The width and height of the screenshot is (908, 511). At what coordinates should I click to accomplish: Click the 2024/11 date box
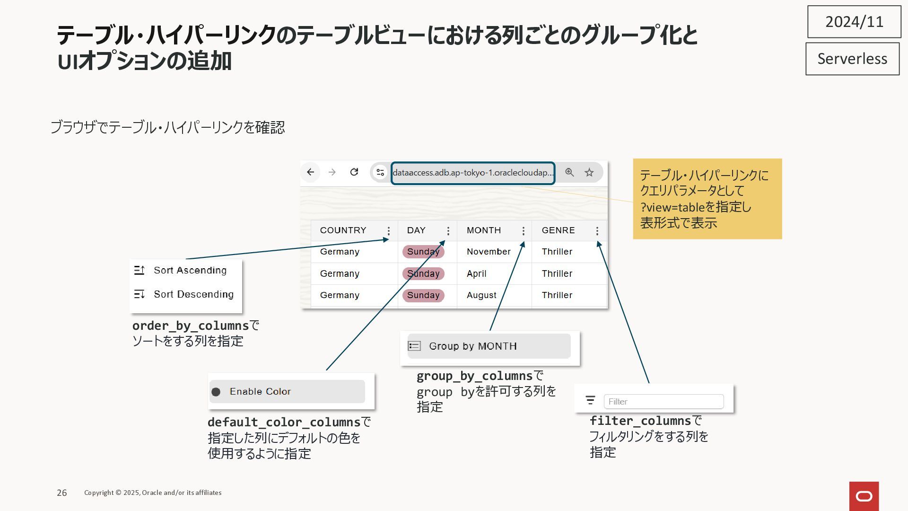[x=854, y=22]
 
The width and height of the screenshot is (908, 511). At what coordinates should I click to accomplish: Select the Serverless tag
[x=852, y=59]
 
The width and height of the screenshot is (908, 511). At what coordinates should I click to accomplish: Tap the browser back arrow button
[x=310, y=172]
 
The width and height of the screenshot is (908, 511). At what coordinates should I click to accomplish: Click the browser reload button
[x=354, y=172]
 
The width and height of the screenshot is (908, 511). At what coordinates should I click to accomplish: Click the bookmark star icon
[x=589, y=173]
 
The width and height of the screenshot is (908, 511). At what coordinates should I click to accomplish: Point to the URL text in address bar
[x=473, y=173]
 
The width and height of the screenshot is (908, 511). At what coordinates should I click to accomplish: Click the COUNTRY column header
[x=343, y=230]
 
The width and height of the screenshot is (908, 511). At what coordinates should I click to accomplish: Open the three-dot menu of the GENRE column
[x=597, y=231]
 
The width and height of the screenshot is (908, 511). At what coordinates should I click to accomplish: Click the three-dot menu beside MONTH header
[x=523, y=231]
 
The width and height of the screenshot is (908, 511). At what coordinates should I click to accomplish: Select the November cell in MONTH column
[x=489, y=252]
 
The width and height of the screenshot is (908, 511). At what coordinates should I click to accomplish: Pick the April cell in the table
[x=476, y=273]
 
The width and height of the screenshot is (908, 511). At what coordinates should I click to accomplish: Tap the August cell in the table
[x=481, y=295]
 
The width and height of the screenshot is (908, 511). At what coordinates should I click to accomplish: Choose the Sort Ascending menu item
[x=189, y=270]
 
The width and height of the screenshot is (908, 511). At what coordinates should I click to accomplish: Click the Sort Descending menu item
[x=193, y=294]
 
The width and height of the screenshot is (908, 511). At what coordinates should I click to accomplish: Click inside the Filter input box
[x=663, y=402]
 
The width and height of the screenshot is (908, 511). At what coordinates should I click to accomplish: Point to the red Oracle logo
[x=864, y=496]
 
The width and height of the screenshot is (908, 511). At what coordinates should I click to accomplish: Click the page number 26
[x=62, y=493]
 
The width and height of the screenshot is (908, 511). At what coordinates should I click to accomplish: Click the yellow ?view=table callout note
[x=707, y=199]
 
